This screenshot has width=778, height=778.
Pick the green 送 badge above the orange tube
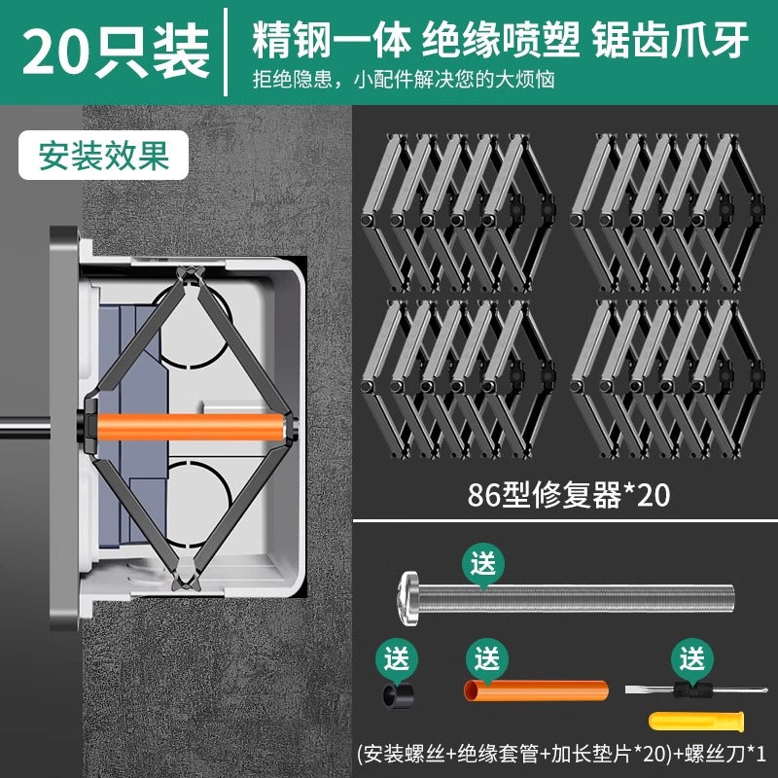click(485, 658)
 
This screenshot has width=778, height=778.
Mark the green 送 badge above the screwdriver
click(691, 658)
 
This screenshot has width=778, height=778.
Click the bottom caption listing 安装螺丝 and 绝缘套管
click(562, 752)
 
